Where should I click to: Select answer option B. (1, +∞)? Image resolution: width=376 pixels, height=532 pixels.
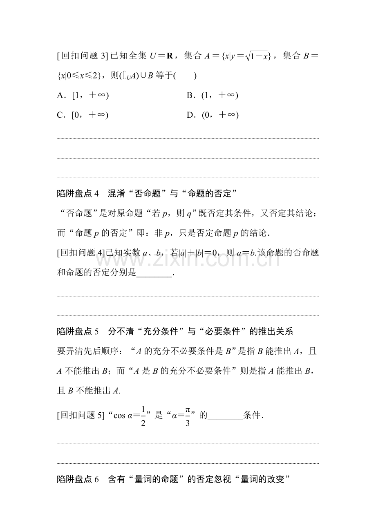coord(212,96)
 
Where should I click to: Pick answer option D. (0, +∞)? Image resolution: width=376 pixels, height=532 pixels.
coord(212,115)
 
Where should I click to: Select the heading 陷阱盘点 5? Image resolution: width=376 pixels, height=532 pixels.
coord(78,332)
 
